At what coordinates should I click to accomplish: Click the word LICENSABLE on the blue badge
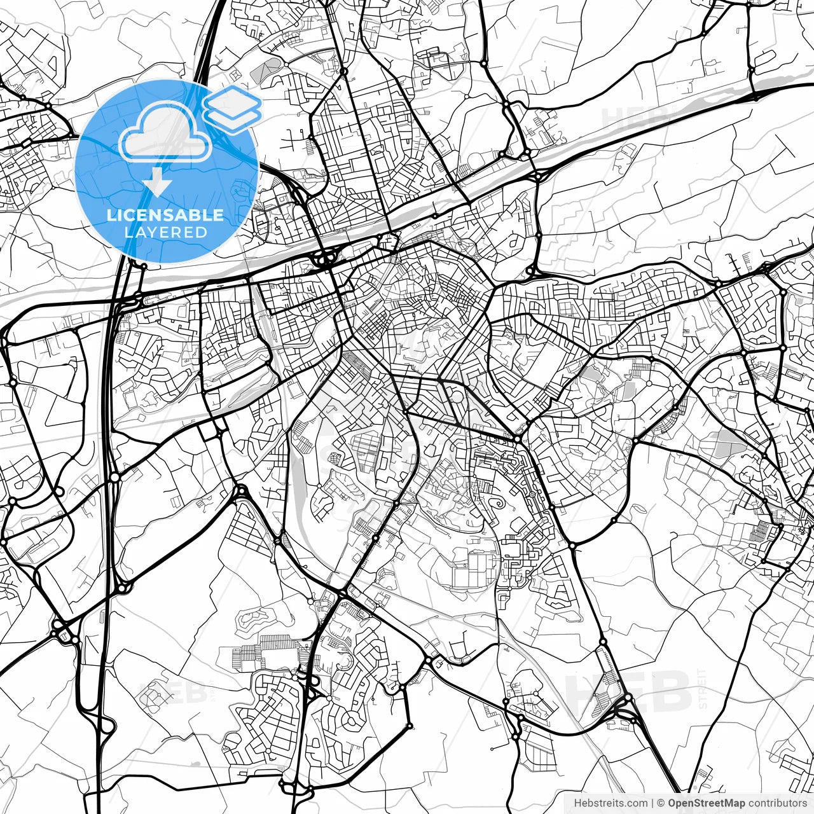coord(165,215)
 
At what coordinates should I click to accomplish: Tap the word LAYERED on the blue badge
coord(165,232)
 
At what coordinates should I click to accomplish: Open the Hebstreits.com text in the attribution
coord(610,803)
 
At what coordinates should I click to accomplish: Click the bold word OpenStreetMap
coord(707,803)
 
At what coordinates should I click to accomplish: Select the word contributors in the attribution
coord(777,803)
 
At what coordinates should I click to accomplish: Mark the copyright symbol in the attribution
coord(661,803)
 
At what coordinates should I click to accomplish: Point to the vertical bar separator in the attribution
coord(652,803)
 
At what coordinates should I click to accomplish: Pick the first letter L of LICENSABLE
coord(111,215)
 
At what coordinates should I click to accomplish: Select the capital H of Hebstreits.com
coord(578,803)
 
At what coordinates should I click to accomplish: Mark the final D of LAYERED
coord(202,232)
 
